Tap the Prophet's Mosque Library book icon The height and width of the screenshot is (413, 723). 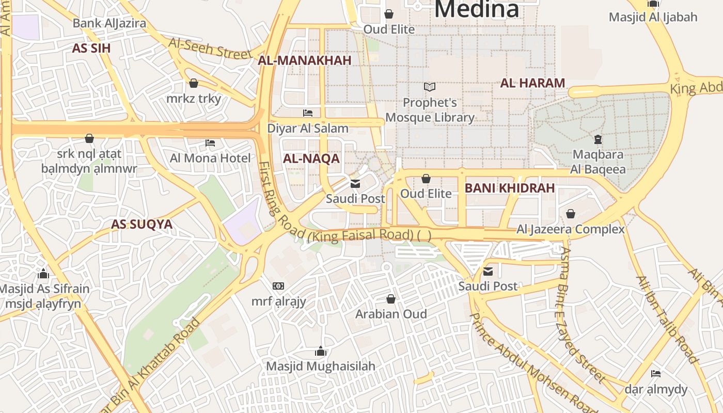pyautogui.click(x=430, y=87)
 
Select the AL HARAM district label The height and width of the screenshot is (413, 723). pyautogui.click(x=532, y=83)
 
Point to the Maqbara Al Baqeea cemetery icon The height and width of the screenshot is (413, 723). pyautogui.click(x=598, y=139)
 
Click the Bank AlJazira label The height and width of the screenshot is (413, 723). pyautogui.click(x=109, y=23)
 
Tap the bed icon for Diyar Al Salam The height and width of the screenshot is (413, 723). pyautogui.click(x=308, y=113)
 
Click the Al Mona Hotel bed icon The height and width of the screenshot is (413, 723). pyautogui.click(x=210, y=142)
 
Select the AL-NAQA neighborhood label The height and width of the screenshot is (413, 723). pyautogui.click(x=311, y=159)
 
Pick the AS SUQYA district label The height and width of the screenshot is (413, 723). pyautogui.click(x=142, y=224)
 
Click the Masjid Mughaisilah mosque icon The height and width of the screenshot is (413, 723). pyautogui.click(x=321, y=352)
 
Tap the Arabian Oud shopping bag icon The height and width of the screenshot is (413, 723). pyautogui.click(x=391, y=299)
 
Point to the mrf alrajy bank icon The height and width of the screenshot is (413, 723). pyautogui.click(x=278, y=285)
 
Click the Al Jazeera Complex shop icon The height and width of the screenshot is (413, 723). pyautogui.click(x=571, y=213)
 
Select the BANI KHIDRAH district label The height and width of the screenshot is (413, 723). pyautogui.click(x=509, y=188)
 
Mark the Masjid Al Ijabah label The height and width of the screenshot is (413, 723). pyautogui.click(x=653, y=17)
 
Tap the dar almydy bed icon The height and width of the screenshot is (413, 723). pyautogui.click(x=656, y=373)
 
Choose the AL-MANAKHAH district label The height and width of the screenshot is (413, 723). pyautogui.click(x=305, y=60)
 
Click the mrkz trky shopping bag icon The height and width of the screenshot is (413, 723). pyautogui.click(x=194, y=83)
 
